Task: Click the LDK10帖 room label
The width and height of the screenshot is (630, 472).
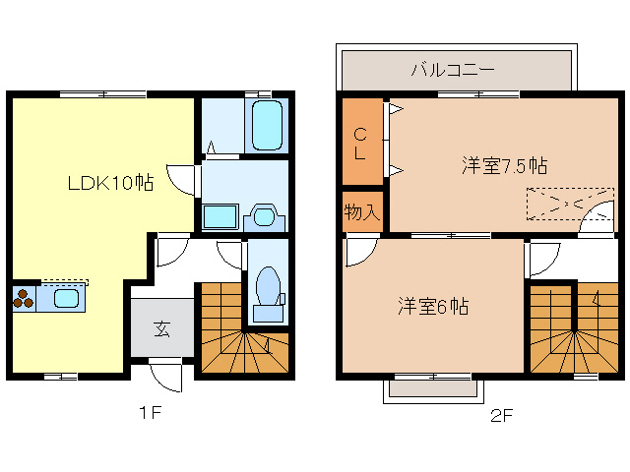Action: (109, 183)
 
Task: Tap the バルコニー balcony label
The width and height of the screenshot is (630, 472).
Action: (453, 70)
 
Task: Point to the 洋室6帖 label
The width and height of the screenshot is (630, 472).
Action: (433, 306)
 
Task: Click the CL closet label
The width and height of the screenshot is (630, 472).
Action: (360, 144)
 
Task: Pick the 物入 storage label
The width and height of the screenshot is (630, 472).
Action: (361, 211)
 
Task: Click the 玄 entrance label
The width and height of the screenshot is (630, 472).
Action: (160, 329)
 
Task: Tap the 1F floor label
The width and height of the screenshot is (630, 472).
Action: (149, 413)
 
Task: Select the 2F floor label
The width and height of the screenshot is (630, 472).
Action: (501, 415)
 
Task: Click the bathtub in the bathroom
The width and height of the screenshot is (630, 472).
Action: (267, 125)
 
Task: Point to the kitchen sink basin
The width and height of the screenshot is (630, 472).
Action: (67, 299)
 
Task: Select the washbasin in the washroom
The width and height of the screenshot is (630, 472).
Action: (264, 215)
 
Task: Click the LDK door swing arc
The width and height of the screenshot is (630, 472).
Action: (180, 179)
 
